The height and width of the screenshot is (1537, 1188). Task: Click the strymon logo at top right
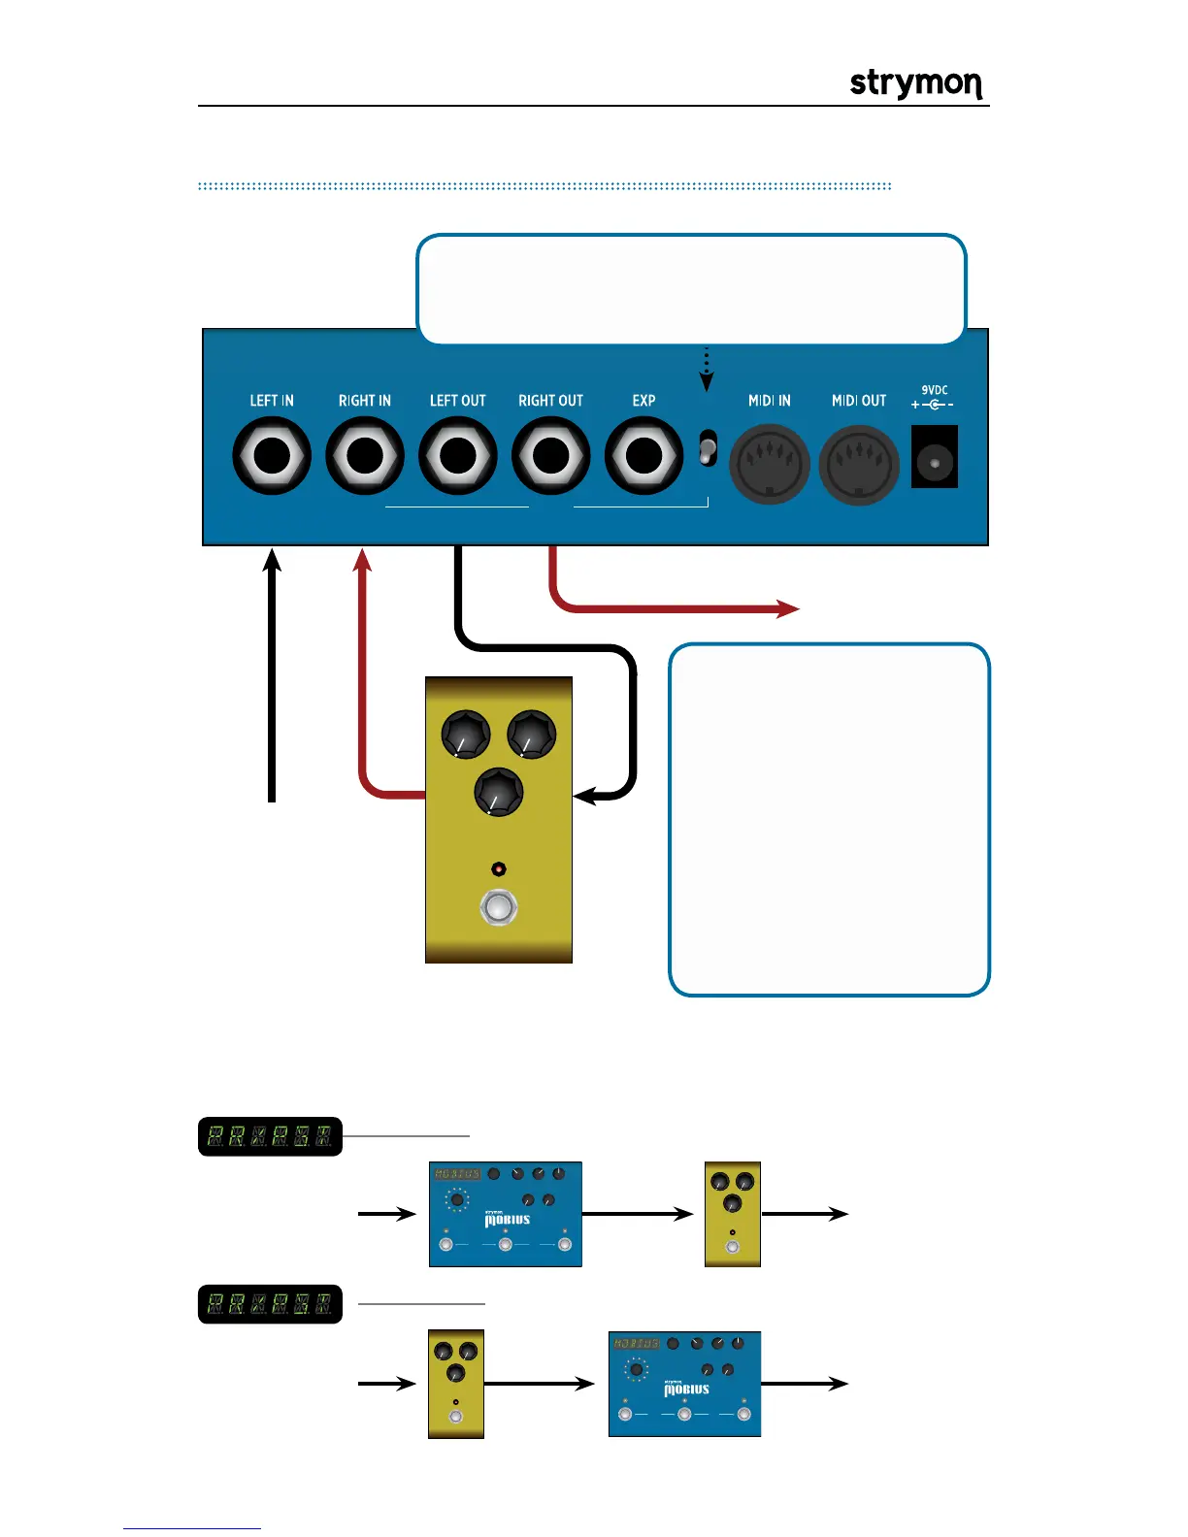coord(916,83)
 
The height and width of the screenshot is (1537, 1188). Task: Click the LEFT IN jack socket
coord(272,455)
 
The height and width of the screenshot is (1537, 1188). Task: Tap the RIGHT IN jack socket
coord(365,455)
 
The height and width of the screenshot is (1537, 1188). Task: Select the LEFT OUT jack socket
coord(458,455)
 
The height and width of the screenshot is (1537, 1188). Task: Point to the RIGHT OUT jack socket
coord(551,455)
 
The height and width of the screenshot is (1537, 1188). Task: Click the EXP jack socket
coord(643,455)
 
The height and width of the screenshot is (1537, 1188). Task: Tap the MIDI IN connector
coord(770,464)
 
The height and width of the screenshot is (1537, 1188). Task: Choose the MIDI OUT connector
coord(859,464)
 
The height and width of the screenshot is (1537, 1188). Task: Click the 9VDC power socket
coord(934,457)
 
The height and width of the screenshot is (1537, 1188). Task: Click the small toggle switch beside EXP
coord(709,448)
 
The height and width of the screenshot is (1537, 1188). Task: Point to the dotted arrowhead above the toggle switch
coord(707,382)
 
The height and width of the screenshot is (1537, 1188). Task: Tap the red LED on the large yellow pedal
coord(499,869)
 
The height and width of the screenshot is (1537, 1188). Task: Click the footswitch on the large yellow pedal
coord(499,908)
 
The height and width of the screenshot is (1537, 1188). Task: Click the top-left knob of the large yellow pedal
coord(466,735)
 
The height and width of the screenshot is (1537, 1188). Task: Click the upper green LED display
coord(270,1136)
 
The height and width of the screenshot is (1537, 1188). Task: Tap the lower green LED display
coord(270,1304)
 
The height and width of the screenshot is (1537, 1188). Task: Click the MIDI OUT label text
coord(859,401)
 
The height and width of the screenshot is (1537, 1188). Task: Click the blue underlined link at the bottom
coord(192,1528)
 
